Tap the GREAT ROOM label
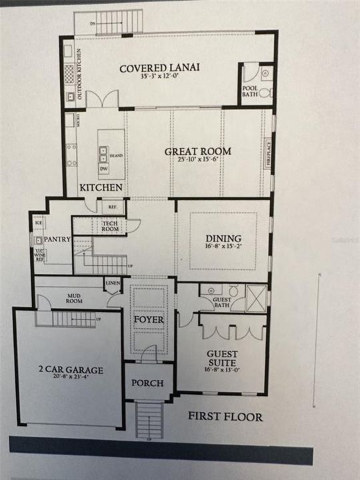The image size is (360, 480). [x=198, y=151]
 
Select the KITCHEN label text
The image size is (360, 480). [x=101, y=187]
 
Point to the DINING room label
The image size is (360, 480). [x=224, y=239]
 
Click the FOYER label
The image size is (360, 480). [x=149, y=319]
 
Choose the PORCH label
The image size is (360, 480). [x=148, y=383]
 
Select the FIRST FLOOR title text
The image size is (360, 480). [x=225, y=417]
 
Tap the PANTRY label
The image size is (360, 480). [x=59, y=239]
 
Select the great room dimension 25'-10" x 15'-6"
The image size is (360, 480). [x=198, y=160]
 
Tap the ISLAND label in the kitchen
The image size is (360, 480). [x=115, y=155]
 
